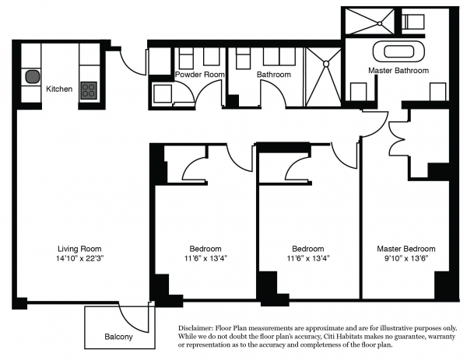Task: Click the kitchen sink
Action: (32, 77)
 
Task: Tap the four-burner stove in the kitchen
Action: (89, 90)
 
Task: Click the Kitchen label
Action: (59, 89)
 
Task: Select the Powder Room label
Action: (199, 74)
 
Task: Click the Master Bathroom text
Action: (399, 71)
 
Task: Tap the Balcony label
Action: (118, 337)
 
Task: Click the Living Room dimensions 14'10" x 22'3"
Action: (79, 258)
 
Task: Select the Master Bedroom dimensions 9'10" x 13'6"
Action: (406, 258)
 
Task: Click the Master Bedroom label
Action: (406, 249)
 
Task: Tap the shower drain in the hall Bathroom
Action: (326, 64)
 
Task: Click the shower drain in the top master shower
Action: (380, 23)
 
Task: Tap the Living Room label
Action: (79, 249)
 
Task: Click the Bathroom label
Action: (274, 74)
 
